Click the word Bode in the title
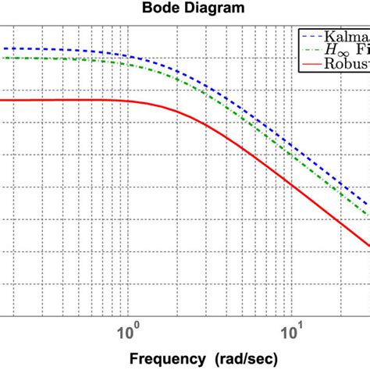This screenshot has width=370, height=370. coord(159,9)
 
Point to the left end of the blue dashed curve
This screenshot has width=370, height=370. coord(2,48)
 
